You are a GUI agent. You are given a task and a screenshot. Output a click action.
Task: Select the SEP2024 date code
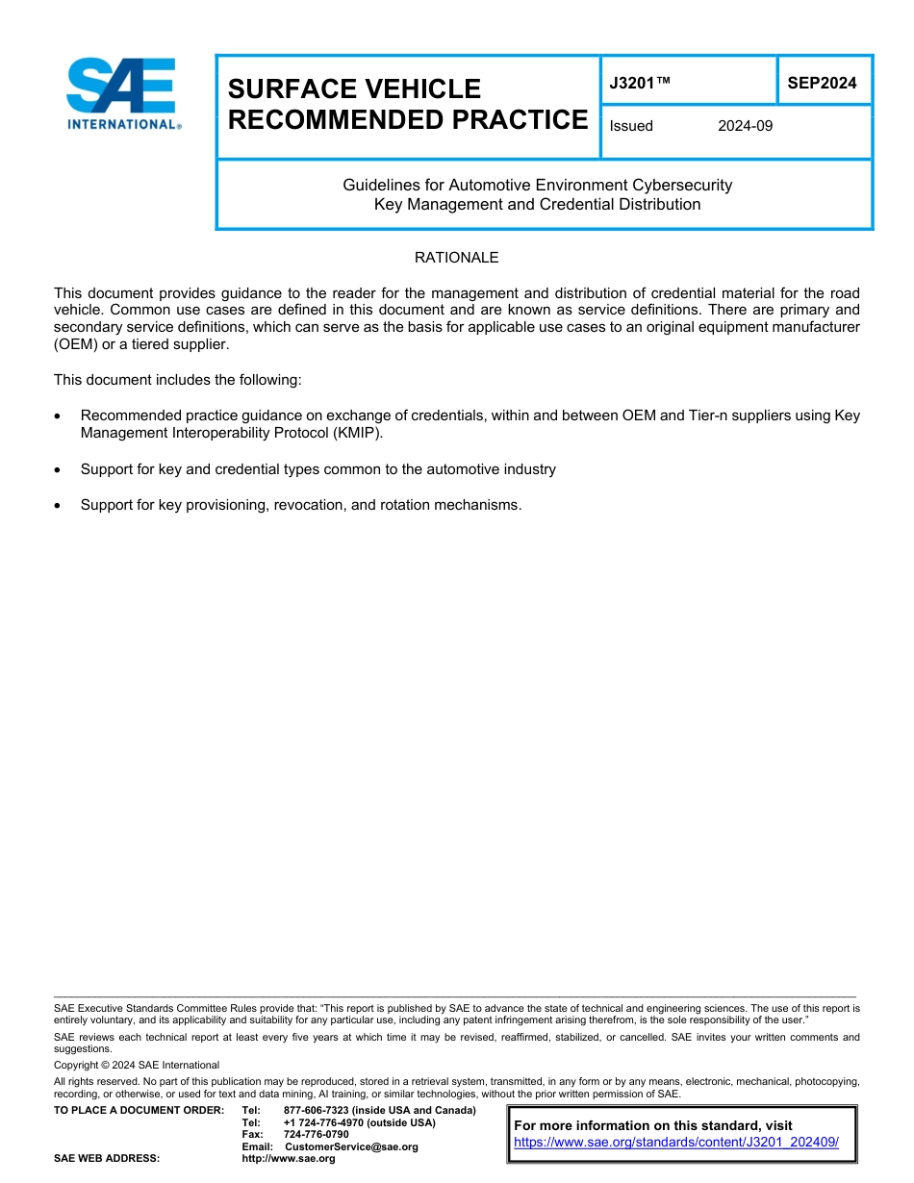pyautogui.click(x=822, y=83)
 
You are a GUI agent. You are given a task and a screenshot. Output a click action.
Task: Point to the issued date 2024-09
pyautogui.click(x=745, y=126)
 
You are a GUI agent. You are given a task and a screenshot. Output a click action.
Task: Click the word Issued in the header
pyautogui.click(x=631, y=126)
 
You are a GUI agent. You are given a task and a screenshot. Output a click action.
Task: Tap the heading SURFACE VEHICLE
pyautogui.click(x=354, y=88)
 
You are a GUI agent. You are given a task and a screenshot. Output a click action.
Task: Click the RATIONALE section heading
pyautogui.click(x=456, y=258)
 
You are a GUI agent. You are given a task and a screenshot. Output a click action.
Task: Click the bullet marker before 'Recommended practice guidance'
pyautogui.click(x=60, y=416)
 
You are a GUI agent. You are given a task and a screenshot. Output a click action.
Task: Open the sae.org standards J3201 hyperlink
pyautogui.click(x=676, y=1143)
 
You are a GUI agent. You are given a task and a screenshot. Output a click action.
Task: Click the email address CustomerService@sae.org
pyautogui.click(x=352, y=1146)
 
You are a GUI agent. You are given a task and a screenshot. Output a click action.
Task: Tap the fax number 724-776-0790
pyautogui.click(x=317, y=1134)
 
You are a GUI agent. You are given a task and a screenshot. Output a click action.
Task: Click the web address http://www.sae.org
pyautogui.click(x=289, y=1159)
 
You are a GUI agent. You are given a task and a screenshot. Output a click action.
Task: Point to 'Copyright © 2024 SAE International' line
pyautogui.click(x=137, y=1065)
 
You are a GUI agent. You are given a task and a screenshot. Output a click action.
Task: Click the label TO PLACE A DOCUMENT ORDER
pyautogui.click(x=139, y=1110)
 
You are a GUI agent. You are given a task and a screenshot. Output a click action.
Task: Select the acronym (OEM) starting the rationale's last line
pyautogui.click(x=73, y=344)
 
